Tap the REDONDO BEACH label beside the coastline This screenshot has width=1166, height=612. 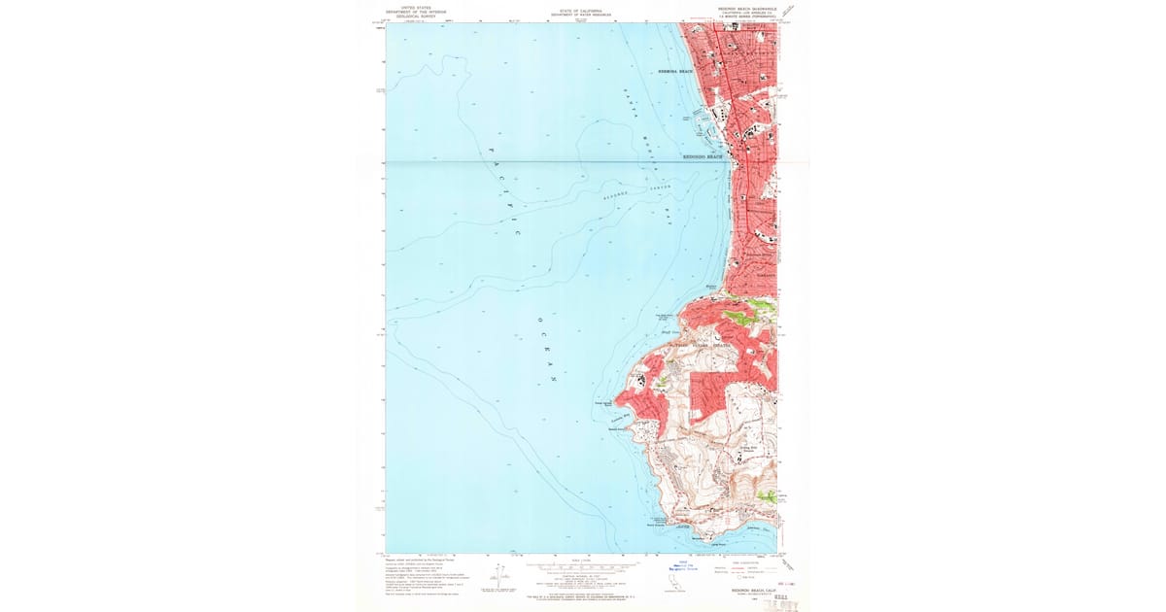[703, 155]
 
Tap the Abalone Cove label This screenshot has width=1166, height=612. [759, 529]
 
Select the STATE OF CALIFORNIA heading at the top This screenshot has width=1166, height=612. [576, 12]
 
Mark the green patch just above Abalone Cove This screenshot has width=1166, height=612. [768, 495]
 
